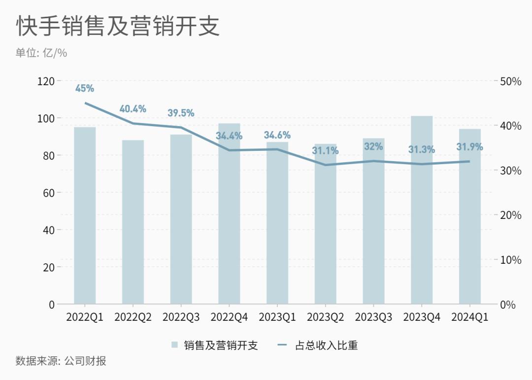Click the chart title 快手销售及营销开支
[x=118, y=26]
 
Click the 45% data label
[x=85, y=89]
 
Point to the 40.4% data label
[x=133, y=109]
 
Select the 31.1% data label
[x=325, y=151]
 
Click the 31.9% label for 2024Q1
[x=469, y=147]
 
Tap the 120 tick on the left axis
[x=46, y=81]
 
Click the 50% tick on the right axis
[x=511, y=81]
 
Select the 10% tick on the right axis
[x=511, y=260]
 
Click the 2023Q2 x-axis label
[x=325, y=317]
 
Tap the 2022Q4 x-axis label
[x=229, y=317]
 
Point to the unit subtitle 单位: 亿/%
[x=41, y=53]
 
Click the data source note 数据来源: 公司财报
[x=61, y=361]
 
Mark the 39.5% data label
[x=181, y=113]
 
